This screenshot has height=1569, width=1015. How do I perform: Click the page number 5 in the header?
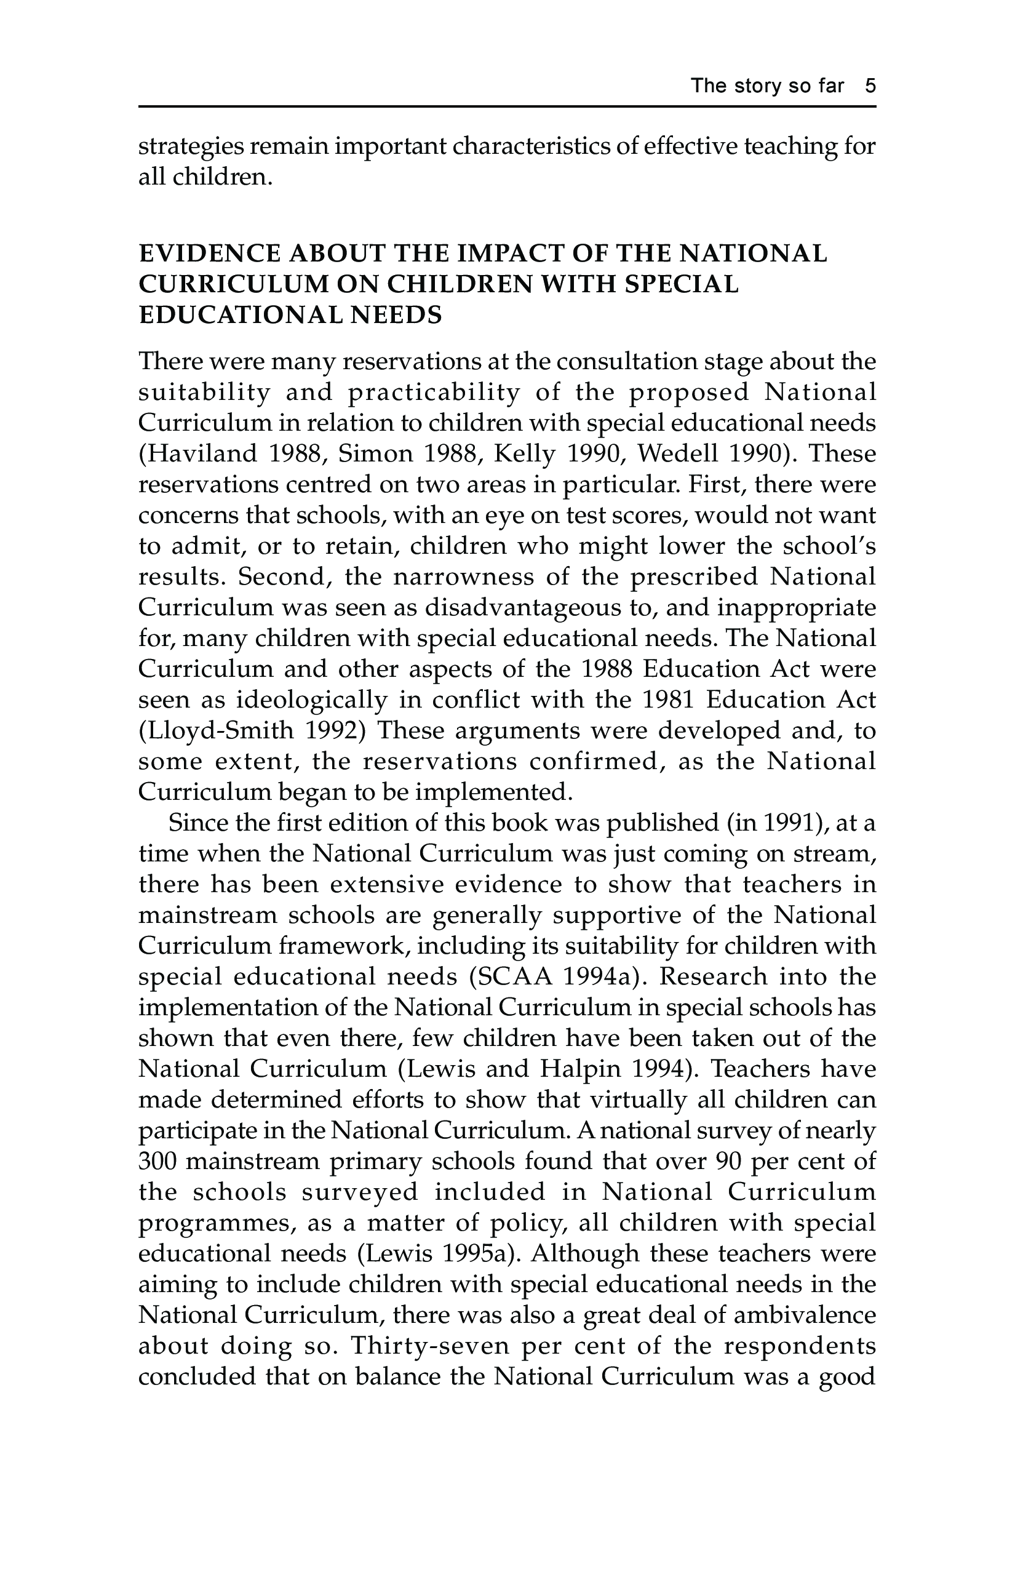point(870,86)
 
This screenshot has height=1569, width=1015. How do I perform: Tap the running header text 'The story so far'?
point(767,86)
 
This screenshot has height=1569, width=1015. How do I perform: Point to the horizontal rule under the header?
point(507,106)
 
